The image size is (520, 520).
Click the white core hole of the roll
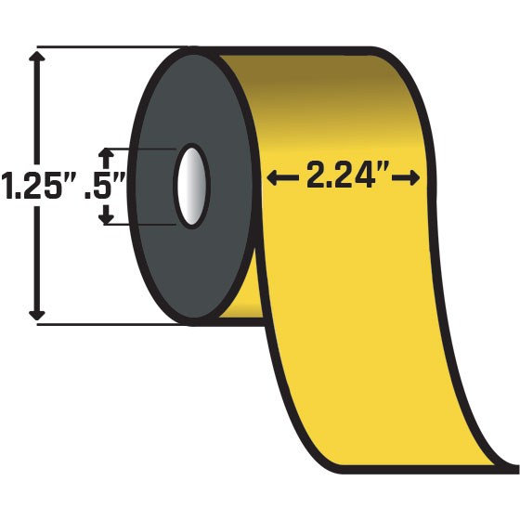[194, 185]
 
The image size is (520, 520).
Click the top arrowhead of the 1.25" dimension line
[36, 58]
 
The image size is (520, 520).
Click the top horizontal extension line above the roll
[102, 46]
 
